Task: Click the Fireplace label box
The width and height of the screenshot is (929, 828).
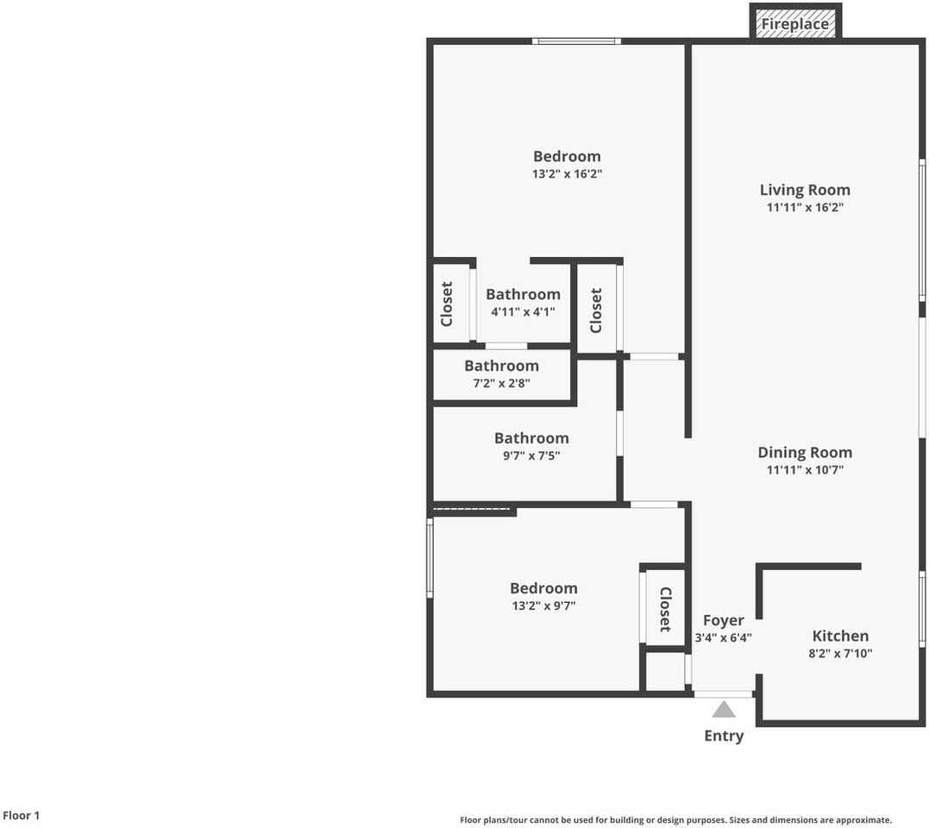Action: coord(794,24)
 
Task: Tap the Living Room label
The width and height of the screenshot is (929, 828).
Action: coord(805,190)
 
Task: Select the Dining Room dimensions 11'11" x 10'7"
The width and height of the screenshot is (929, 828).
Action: coord(805,470)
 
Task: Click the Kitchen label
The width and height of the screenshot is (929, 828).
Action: coord(840,636)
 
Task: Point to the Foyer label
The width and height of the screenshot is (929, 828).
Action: coord(723,620)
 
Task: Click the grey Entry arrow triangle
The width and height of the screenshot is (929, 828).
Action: coord(724,710)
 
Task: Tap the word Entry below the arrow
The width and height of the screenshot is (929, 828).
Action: coord(724,736)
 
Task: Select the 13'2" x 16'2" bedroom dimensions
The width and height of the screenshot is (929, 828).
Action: coord(567,173)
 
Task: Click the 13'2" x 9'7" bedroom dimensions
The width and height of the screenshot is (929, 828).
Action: coord(543,605)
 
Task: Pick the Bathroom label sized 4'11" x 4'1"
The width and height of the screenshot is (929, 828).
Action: coord(523,294)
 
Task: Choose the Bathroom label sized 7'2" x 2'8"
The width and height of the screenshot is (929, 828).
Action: coord(501,366)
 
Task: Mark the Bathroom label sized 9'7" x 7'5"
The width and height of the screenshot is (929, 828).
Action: coord(531,438)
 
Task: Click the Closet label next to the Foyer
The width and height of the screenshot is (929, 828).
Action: coord(665,609)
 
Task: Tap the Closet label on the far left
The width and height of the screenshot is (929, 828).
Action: coord(447,304)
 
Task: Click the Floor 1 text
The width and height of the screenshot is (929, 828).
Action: coord(22,815)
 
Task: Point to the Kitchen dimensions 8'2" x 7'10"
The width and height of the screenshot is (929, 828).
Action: coord(840,654)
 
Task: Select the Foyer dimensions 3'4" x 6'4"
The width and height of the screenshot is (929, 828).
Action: coord(723,638)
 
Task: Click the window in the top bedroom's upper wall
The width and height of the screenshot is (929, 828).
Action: coord(575,41)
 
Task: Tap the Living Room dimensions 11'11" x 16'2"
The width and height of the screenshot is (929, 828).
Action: coord(805,208)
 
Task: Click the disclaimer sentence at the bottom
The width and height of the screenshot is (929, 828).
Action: coord(675,820)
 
